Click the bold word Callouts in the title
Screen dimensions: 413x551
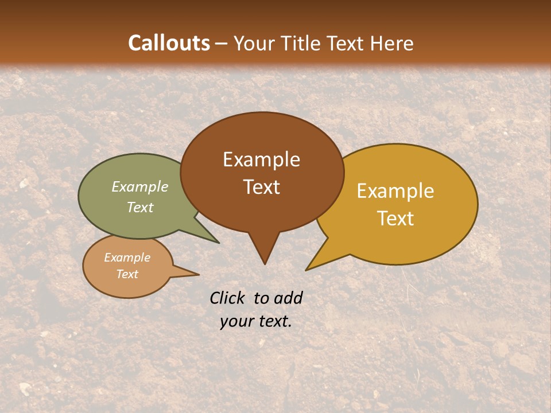169,43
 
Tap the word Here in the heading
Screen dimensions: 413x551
393,43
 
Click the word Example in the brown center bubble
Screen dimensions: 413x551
261,159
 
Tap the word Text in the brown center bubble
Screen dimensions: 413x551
261,187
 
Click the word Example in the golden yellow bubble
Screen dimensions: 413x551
395,191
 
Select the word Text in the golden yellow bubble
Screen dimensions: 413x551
395,219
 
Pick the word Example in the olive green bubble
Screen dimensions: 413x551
140,187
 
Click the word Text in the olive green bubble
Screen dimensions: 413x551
140,207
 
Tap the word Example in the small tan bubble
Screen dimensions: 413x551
127,258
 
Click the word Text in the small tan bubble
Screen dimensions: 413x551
127,274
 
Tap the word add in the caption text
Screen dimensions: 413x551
288,298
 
